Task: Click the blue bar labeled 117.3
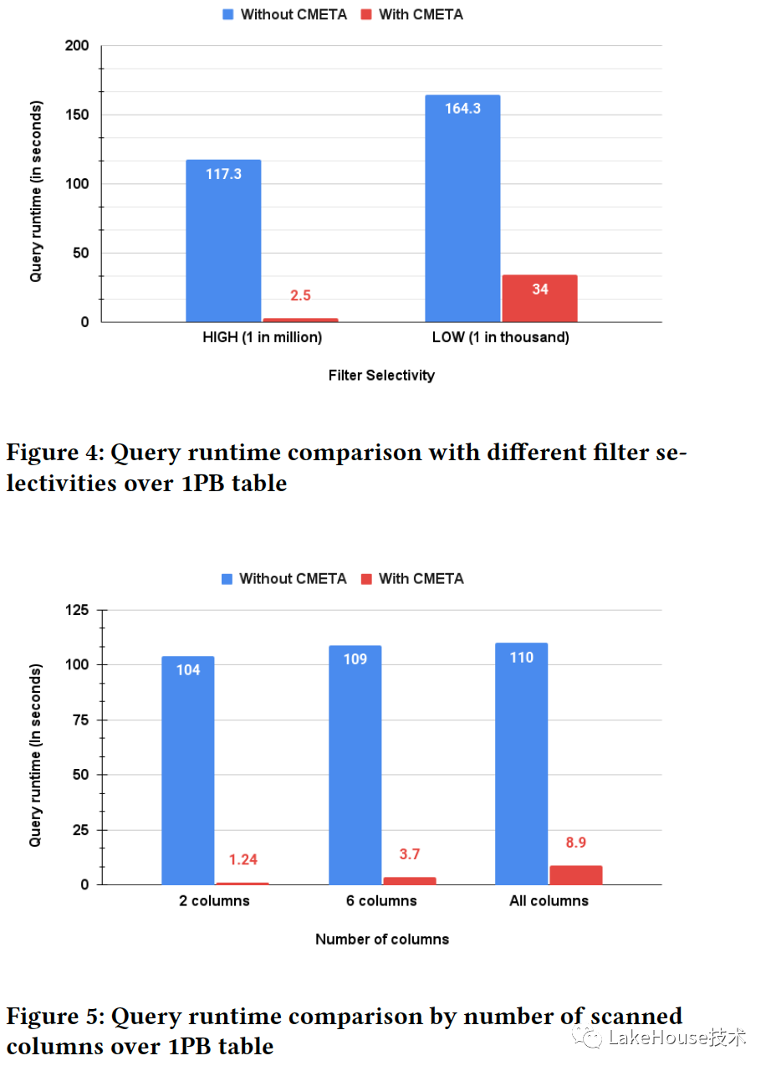click(x=223, y=241)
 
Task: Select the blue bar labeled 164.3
click(x=462, y=209)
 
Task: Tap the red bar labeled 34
click(x=539, y=299)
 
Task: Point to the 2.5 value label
click(x=300, y=296)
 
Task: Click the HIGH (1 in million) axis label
click(x=262, y=338)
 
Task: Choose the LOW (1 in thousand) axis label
click(x=500, y=338)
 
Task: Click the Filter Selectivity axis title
click(x=381, y=376)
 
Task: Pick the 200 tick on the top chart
click(x=78, y=45)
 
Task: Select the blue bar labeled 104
click(x=188, y=770)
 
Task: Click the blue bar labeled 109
click(x=355, y=765)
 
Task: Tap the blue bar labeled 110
click(x=522, y=763)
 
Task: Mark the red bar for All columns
click(x=575, y=875)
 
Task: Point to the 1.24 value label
click(x=243, y=859)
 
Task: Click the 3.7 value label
click(x=410, y=854)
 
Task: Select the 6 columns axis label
click(x=381, y=901)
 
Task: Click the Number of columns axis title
click(x=381, y=940)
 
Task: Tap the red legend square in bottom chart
click(x=365, y=579)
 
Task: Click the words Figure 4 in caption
click(x=51, y=454)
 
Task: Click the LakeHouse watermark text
click(x=677, y=1038)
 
